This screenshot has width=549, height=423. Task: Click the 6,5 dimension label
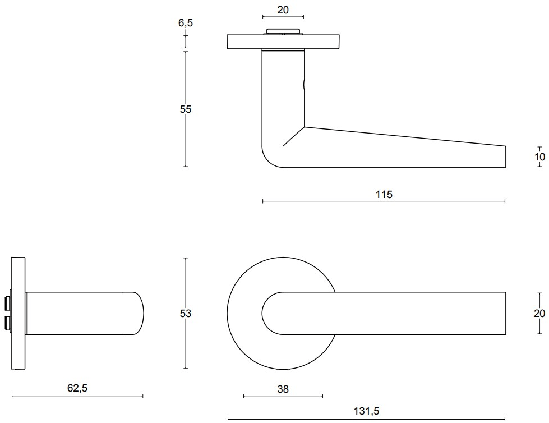pos(186,23)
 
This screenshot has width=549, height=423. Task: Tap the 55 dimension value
pos(186,109)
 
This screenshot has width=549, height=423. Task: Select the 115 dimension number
pos(384,194)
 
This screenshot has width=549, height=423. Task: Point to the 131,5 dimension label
pos(366,411)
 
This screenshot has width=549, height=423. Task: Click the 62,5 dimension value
pos(77,388)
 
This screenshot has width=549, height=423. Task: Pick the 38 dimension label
pos(283,389)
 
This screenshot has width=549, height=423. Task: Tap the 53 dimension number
pos(186,314)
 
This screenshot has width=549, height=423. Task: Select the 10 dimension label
pos(540,157)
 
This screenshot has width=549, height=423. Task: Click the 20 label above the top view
pos(283,10)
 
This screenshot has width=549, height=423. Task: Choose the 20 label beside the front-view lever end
pos(539,313)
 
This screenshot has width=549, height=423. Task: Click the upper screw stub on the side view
pos(7,304)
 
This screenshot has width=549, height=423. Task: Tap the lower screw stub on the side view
pos(7,323)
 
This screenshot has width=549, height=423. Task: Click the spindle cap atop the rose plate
pos(283,31)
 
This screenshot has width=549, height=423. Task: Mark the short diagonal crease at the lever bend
pos(293,136)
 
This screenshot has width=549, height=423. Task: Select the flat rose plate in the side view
pos(18,313)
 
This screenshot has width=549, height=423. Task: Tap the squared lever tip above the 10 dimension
pos(506,157)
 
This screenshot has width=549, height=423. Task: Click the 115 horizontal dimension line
pos(384,201)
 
